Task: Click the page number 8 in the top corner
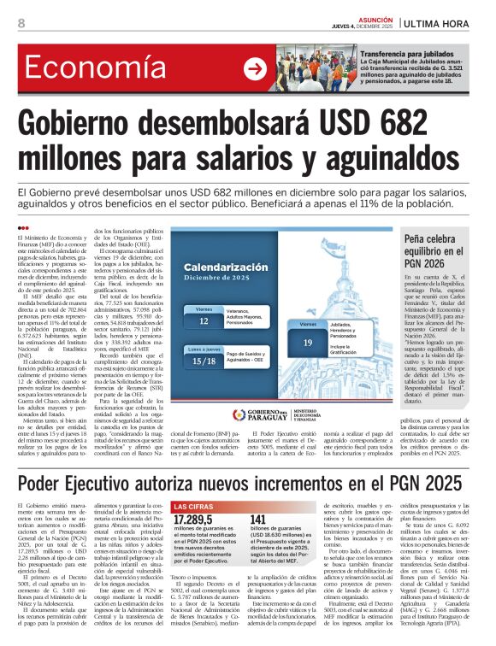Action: [x=21, y=23]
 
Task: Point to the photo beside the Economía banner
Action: [x=312, y=69]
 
